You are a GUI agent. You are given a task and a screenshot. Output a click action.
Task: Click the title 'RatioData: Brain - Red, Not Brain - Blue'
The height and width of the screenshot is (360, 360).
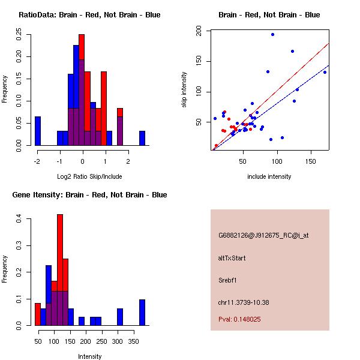tap(89, 15)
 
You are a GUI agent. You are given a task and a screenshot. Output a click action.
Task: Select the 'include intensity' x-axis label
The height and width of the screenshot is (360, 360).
tap(269, 176)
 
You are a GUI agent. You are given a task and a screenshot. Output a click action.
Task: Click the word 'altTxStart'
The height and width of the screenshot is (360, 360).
tap(232, 258)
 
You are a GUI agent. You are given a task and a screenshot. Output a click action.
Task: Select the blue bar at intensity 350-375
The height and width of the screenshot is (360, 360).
tap(142, 312)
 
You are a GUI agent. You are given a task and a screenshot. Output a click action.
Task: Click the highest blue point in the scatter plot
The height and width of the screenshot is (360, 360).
tap(272, 34)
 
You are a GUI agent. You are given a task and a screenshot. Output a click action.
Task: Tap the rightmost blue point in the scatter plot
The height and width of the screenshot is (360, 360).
tap(325, 72)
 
